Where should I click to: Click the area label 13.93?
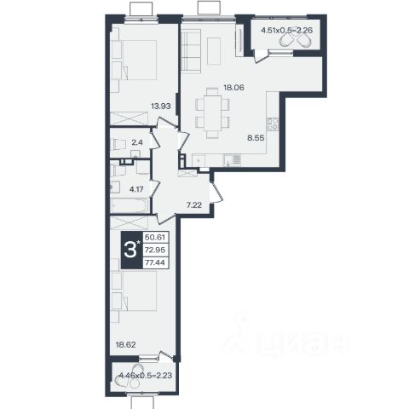click(161, 107)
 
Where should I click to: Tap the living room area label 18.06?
click(233, 88)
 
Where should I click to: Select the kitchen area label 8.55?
click(256, 138)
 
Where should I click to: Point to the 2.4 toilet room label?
click(137, 142)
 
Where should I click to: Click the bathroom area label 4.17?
click(136, 189)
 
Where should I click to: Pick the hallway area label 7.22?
click(194, 204)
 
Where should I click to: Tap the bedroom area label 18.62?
click(125, 345)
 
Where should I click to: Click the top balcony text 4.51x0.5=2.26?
click(287, 30)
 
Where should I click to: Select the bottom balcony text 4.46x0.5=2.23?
click(146, 376)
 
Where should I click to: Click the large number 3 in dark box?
click(130, 251)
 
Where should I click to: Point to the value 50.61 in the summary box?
click(155, 237)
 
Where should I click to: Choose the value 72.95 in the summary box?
click(155, 251)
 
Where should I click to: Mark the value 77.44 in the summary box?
click(155, 262)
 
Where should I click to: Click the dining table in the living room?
click(212, 112)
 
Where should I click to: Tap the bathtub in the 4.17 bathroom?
click(130, 205)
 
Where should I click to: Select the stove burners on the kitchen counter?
click(273, 124)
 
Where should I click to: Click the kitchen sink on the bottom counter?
click(232, 160)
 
